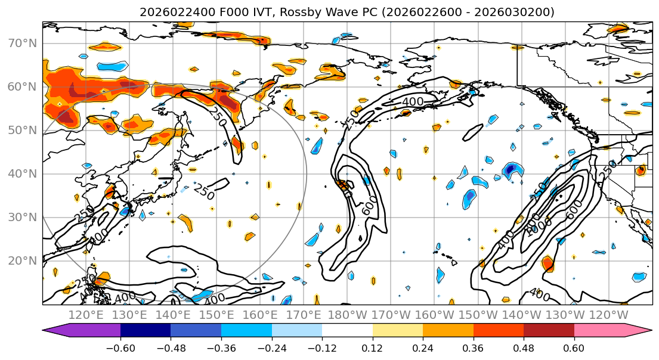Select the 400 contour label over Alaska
click(413, 102)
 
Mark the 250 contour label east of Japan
click(204, 192)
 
